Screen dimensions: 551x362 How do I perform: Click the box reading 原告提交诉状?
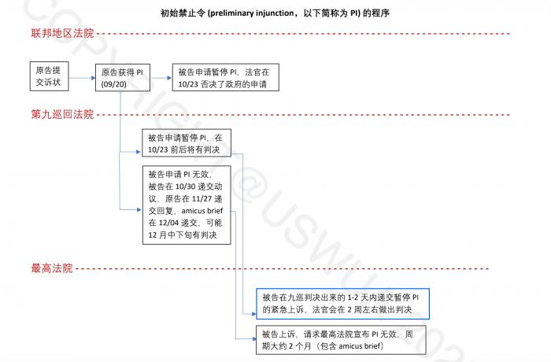49,76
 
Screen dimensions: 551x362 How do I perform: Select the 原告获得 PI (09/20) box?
123,78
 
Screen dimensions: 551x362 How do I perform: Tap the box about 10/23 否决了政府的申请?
226,77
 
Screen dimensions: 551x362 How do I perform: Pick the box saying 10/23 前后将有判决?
187,143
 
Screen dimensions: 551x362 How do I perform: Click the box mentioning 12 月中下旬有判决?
187,205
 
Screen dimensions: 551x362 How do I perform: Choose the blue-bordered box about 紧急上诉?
342,304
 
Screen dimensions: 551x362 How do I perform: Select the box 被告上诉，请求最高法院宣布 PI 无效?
341,340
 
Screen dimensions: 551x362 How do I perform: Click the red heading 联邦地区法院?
62,33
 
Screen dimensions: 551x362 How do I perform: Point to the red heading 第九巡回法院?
62,114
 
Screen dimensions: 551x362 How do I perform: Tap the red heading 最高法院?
52,268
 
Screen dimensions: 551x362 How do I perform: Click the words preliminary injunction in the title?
253,13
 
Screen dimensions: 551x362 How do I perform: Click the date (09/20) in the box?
114,84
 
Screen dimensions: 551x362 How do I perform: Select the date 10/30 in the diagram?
185,187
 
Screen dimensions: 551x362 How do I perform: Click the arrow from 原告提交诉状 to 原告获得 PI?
82,78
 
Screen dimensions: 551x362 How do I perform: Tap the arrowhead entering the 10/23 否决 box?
170,78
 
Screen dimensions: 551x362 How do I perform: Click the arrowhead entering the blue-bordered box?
254,314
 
